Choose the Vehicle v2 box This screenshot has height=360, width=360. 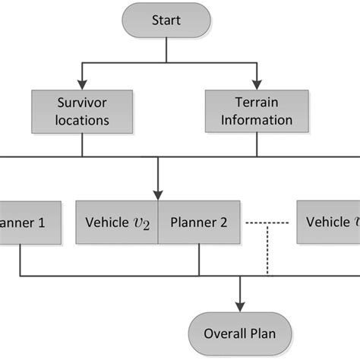[117, 222]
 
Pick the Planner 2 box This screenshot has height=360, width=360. [200, 222]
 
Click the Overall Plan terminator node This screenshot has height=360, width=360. [241, 331]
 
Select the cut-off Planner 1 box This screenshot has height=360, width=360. [20, 222]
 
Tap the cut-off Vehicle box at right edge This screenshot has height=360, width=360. [328, 222]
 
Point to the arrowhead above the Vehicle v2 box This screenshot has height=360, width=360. [158, 195]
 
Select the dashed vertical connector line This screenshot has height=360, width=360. [267, 251]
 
